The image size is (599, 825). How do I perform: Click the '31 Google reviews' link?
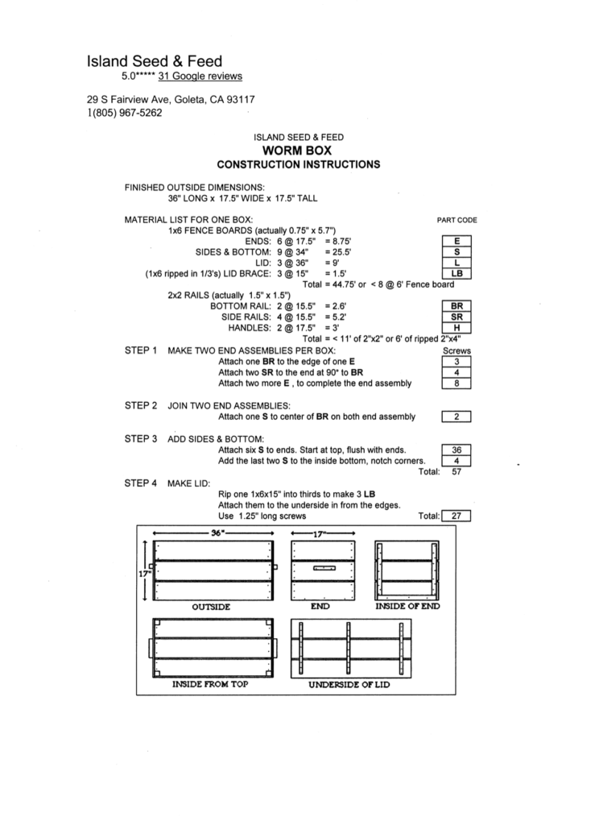(200, 77)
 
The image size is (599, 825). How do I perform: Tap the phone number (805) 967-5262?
(127, 113)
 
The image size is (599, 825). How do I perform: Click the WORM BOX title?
(297, 151)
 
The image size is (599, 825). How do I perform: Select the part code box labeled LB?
(456, 274)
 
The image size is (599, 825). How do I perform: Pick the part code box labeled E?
(456, 241)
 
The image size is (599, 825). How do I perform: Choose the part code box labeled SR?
(456, 317)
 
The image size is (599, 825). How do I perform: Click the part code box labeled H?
(456, 328)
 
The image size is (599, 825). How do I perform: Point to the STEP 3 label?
(140, 439)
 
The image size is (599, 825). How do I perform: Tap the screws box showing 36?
(456, 450)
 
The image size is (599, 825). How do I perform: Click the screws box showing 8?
(456, 383)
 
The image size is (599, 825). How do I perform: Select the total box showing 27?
(456, 516)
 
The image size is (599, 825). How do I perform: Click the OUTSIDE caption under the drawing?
(211, 607)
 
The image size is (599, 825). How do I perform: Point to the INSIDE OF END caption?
(407, 606)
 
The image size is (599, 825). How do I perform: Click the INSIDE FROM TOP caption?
(210, 684)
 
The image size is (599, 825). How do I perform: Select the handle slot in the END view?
(324, 568)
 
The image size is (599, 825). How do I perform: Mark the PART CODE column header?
(457, 221)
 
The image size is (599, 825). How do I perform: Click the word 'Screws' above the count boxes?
(456, 350)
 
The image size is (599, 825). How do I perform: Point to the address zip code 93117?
(241, 99)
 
